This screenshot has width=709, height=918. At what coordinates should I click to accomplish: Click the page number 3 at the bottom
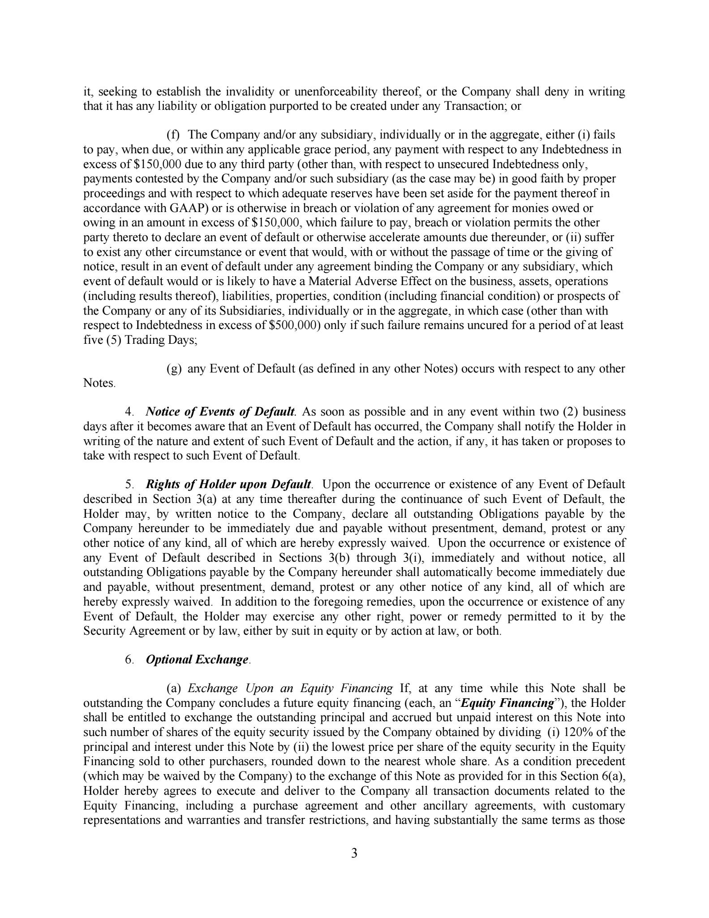tap(354, 853)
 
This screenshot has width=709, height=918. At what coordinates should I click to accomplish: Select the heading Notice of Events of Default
tap(220, 412)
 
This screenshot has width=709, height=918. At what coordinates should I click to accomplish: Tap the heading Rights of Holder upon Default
tap(228, 485)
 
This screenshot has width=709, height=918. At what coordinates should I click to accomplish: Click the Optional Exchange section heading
tap(197, 660)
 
